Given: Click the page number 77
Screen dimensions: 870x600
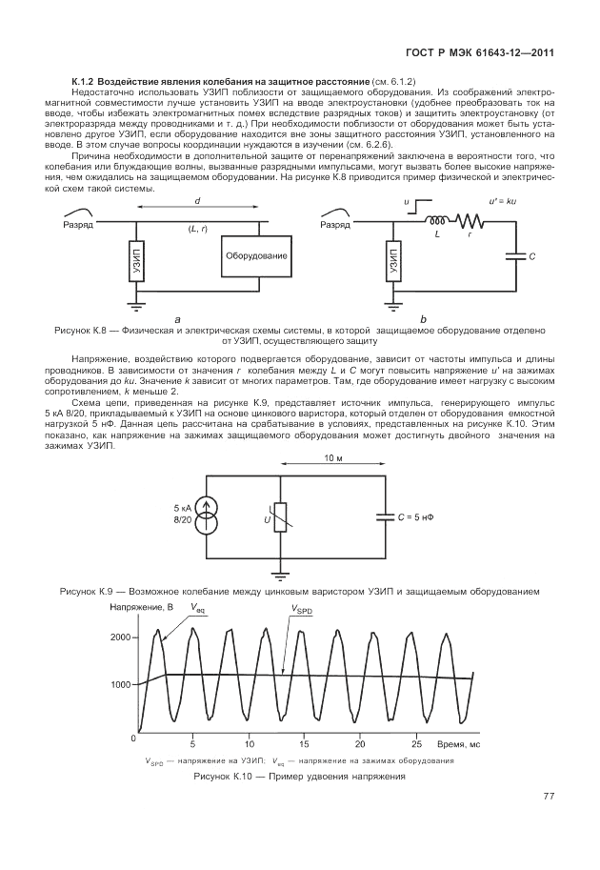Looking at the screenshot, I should (549, 797).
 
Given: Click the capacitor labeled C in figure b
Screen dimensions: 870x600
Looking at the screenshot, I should (514, 255).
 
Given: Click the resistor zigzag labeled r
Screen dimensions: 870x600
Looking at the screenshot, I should (470, 224).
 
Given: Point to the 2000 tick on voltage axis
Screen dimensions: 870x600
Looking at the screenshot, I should (120, 636).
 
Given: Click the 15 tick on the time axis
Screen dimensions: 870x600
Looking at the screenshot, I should (304, 742).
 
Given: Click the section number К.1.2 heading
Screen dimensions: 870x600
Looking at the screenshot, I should (87, 83).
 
